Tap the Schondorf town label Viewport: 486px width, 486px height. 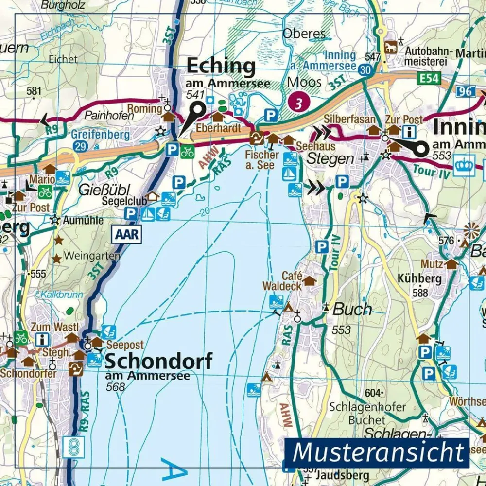(x=158, y=362)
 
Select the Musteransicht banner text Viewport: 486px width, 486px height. (x=379, y=452)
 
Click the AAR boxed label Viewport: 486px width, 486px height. (x=127, y=235)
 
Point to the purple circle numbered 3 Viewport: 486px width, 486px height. (x=299, y=103)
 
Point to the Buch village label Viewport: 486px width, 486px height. (x=352, y=310)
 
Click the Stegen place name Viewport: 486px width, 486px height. (x=330, y=158)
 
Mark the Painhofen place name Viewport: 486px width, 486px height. (x=102, y=115)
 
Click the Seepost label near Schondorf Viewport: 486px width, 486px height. (x=126, y=345)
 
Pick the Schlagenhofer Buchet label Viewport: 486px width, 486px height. (x=357, y=413)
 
